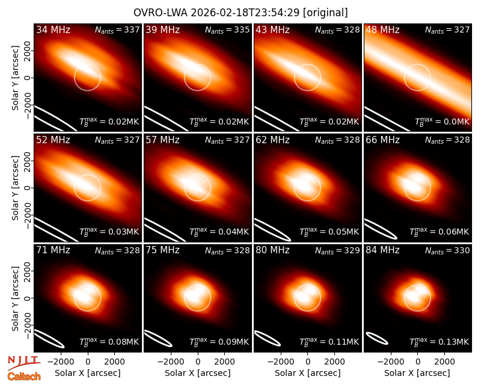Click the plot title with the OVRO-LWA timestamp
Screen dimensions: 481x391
[240, 13]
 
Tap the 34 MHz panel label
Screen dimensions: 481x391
[53, 29]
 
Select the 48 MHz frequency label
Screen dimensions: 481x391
[382, 29]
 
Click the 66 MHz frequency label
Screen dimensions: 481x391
[382, 140]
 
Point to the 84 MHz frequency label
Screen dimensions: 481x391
[382, 250]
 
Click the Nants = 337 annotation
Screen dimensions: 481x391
[117, 29]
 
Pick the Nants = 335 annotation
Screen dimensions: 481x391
[227, 29]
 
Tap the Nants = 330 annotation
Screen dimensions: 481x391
[447, 251]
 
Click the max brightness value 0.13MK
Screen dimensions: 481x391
[439, 341]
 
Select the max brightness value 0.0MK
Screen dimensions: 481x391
[442, 122]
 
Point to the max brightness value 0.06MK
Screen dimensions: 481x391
[439, 231]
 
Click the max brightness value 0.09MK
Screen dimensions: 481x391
[219, 341]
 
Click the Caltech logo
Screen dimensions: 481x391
[24, 377]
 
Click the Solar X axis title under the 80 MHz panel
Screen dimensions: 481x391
[307, 373]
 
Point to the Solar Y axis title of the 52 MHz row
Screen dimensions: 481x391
[15, 188]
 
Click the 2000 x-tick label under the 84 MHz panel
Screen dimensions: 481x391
[444, 362]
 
